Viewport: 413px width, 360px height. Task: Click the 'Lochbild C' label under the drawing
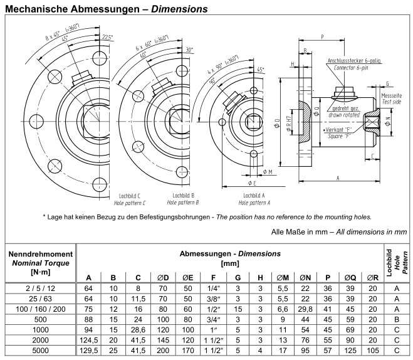pos(132,196)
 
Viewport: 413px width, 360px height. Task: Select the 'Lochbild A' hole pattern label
pos(256,196)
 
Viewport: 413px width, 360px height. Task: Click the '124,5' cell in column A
pos(88,340)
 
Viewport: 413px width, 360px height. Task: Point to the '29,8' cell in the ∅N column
pos(305,308)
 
